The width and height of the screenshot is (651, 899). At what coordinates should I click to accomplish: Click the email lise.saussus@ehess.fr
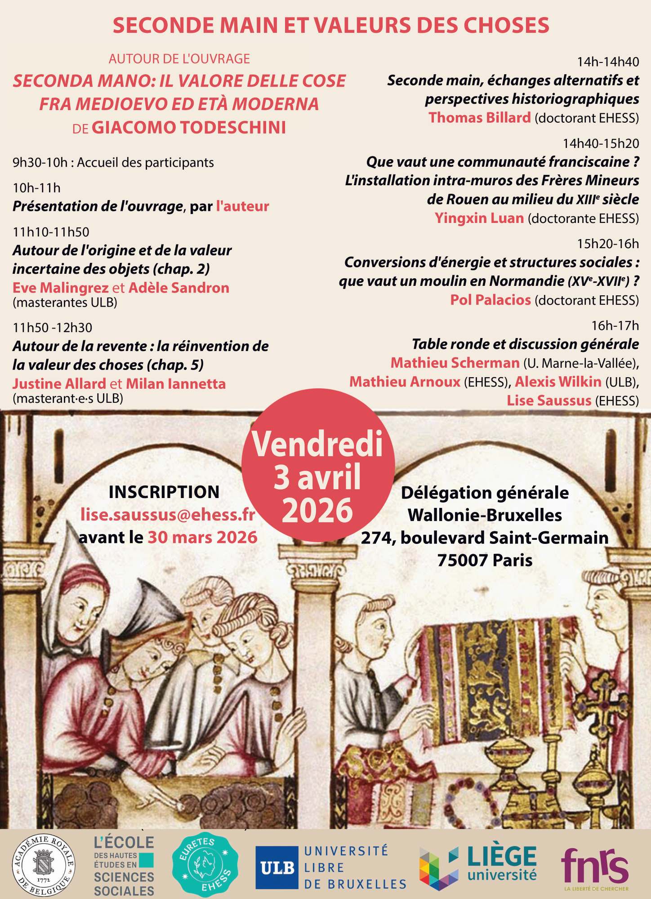168,515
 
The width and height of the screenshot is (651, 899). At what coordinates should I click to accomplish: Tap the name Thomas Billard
480,118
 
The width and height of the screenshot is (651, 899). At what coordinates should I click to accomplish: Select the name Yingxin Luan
479,218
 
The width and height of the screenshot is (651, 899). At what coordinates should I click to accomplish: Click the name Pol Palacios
490,300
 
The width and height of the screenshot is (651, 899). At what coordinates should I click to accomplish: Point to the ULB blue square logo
277,868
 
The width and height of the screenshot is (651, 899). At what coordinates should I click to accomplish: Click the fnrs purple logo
595,867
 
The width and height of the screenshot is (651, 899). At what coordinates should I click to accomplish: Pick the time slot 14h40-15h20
601,144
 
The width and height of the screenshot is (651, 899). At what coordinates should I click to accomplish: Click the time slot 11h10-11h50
51,232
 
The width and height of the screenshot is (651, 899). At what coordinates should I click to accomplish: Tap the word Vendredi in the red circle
317,444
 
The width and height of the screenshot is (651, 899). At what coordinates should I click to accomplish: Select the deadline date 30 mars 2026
203,538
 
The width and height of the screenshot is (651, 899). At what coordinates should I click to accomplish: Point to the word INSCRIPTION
164,492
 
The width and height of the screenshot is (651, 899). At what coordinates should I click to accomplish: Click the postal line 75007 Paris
485,561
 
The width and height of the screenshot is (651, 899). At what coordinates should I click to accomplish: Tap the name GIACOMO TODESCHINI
189,128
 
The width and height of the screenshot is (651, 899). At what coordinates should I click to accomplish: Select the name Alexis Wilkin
558,382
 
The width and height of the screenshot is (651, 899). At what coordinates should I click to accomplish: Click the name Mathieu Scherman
455,363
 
